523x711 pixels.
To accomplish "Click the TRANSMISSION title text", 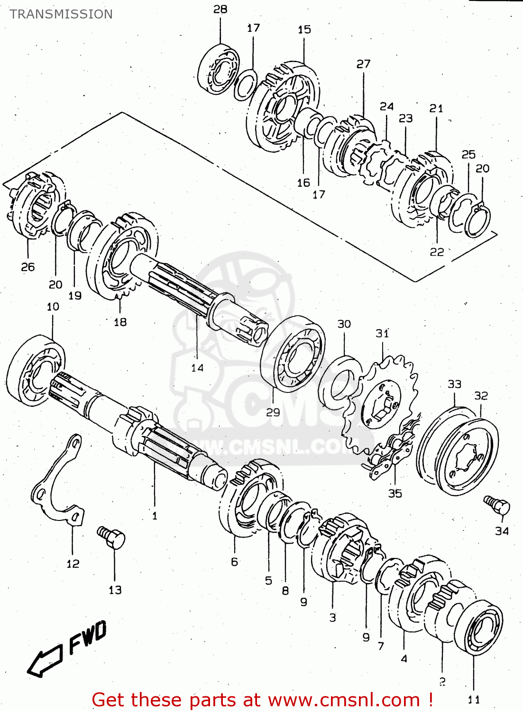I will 61,14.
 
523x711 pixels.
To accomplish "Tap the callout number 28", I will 220,9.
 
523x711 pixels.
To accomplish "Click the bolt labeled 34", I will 497,505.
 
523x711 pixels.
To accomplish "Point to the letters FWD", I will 88,637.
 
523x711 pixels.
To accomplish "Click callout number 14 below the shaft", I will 197,367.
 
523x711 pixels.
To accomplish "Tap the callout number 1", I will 155,516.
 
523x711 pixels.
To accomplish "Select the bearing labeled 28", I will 219,69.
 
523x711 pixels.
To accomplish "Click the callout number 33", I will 454,384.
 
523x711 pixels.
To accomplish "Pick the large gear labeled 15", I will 283,108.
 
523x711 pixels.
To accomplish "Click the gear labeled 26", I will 36,204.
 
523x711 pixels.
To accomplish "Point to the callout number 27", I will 363,64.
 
